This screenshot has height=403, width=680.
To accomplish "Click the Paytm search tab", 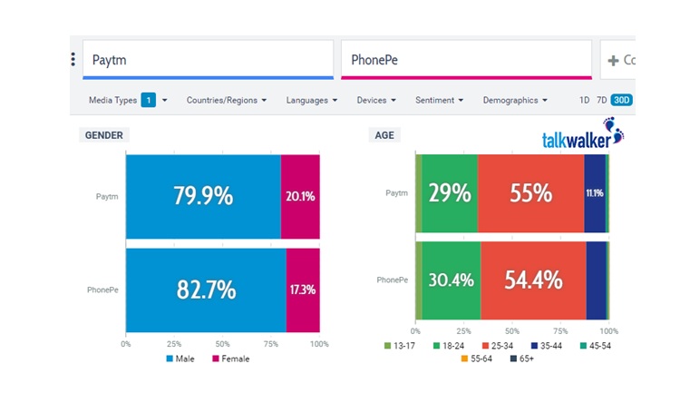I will click(208, 60).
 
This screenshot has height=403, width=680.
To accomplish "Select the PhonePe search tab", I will click(465, 60).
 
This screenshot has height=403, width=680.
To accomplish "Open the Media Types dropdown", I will click(127, 100).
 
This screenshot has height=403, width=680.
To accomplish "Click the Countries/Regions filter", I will click(227, 100).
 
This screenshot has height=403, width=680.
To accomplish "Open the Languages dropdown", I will click(312, 100).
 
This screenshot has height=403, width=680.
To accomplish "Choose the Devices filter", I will click(377, 100).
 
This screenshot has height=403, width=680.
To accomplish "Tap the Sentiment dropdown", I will click(440, 100).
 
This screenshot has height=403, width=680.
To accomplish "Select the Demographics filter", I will click(515, 100).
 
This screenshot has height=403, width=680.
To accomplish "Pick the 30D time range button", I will click(621, 100).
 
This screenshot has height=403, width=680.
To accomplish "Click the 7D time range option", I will click(601, 100).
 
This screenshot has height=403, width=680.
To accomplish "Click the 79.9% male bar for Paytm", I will click(203, 196).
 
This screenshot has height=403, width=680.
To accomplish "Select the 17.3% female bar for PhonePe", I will click(303, 290).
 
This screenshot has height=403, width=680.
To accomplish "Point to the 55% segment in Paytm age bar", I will click(530, 193).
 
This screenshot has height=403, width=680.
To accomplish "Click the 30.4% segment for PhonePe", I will click(451, 280).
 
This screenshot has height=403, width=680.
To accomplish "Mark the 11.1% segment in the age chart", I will click(594, 193).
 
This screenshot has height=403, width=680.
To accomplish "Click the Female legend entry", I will click(230, 359).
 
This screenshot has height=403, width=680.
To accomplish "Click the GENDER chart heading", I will click(104, 135).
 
